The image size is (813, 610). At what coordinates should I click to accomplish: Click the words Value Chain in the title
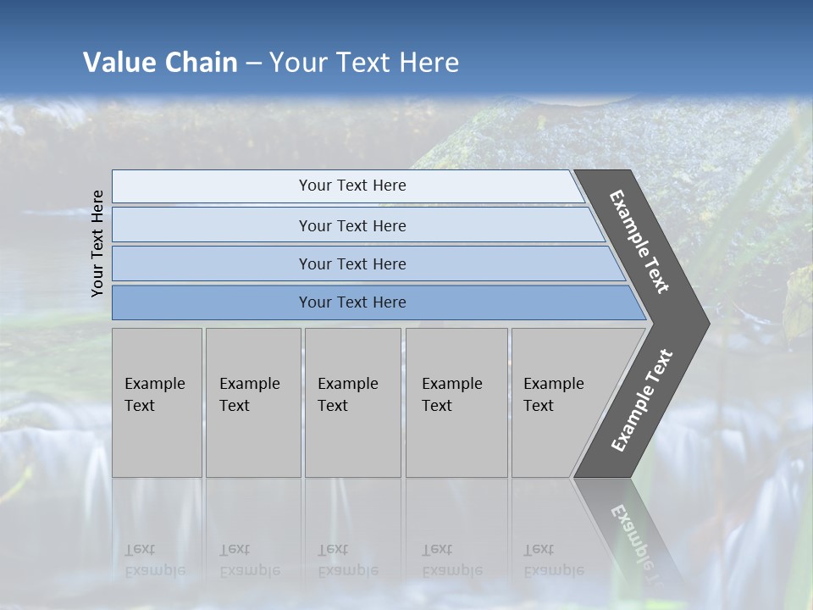160,62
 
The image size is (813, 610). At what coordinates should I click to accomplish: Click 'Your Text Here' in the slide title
364,62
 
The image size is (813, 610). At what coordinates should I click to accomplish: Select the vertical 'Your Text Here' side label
97,243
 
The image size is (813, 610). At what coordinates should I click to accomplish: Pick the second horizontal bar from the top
352,225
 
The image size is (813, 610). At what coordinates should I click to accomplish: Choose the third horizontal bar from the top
352,263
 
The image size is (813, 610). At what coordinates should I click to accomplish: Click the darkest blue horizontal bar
352,302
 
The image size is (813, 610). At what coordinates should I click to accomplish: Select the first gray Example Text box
157,402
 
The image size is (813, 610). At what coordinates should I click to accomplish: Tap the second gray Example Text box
252,402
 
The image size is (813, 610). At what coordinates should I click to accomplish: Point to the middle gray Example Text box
352,402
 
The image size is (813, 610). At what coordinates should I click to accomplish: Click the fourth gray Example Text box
456,402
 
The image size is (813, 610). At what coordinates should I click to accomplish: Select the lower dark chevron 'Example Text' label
641,400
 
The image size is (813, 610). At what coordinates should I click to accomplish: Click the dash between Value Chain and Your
253,63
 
